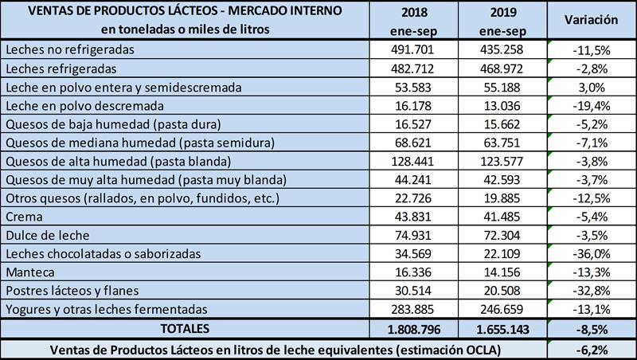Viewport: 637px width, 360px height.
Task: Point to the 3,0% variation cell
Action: [591, 87]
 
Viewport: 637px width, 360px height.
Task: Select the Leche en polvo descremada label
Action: [84, 105]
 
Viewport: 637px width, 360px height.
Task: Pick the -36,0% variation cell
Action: [591, 254]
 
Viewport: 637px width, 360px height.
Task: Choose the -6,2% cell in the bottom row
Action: [591, 348]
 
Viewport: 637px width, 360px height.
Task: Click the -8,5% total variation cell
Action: [591, 328]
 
